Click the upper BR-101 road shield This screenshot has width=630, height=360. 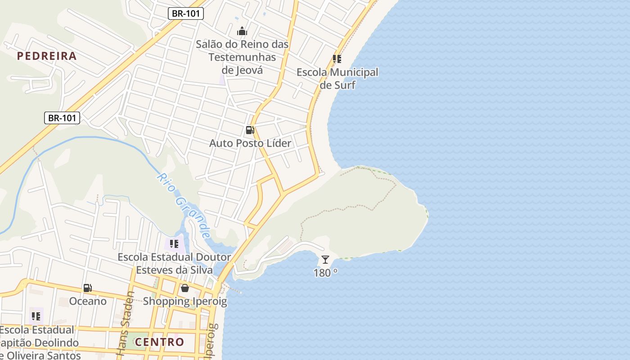click(186, 13)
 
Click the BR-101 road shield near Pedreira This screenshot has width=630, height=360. click(62, 118)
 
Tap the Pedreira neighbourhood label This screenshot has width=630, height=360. click(47, 56)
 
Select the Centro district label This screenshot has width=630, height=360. click(159, 342)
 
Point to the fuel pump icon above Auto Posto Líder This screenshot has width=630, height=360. click(250, 130)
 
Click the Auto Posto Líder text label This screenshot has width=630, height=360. click(250, 143)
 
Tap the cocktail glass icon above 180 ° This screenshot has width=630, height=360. click(325, 260)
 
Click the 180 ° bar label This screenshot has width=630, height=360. click(325, 273)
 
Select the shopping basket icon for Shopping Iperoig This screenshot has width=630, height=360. click(184, 288)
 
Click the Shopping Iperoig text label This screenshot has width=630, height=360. click(185, 301)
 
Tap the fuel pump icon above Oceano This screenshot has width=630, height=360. click(88, 288)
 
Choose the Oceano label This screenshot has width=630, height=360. click(88, 301)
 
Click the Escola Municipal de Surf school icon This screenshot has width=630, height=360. click(337, 59)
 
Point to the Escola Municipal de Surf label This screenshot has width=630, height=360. click(337, 78)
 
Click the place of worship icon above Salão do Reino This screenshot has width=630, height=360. click(242, 31)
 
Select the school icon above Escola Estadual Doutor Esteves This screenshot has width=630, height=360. click(174, 244)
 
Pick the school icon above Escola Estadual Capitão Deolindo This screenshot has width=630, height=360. click(36, 316)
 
